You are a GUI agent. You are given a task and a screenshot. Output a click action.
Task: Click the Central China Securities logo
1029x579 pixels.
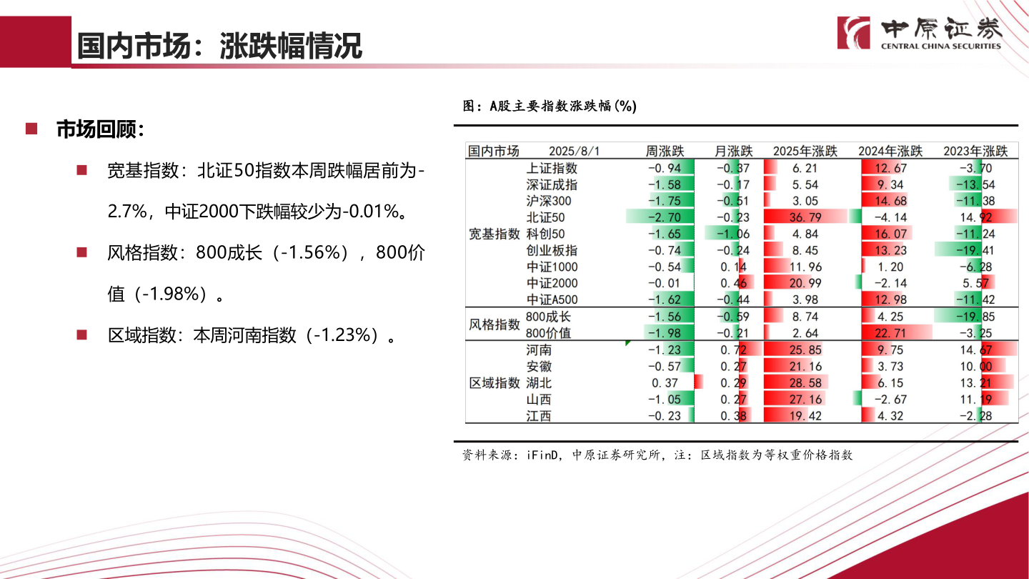click(920, 33)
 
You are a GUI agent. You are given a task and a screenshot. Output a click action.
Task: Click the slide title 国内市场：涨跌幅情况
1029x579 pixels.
click(219, 46)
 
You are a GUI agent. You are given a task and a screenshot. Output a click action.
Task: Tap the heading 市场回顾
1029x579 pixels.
click(100, 129)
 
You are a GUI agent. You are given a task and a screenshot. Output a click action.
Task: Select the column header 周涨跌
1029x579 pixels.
click(665, 152)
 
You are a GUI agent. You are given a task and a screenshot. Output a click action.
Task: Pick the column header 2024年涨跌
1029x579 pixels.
click(890, 152)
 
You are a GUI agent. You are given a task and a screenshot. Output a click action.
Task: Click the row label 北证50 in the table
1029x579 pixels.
click(545, 217)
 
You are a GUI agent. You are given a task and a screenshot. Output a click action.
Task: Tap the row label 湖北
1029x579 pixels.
click(539, 383)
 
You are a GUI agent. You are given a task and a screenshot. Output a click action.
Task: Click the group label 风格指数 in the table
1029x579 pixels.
click(494, 325)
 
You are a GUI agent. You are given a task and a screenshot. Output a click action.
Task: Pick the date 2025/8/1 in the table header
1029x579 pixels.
click(575, 152)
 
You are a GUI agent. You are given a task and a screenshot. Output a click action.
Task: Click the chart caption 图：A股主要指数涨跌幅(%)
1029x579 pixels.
click(550, 107)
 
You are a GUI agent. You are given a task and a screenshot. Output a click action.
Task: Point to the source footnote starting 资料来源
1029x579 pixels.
click(657, 455)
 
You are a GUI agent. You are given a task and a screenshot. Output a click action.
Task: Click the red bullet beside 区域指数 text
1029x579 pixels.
click(81, 335)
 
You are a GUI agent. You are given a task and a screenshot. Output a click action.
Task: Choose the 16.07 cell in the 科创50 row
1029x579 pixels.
click(890, 234)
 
